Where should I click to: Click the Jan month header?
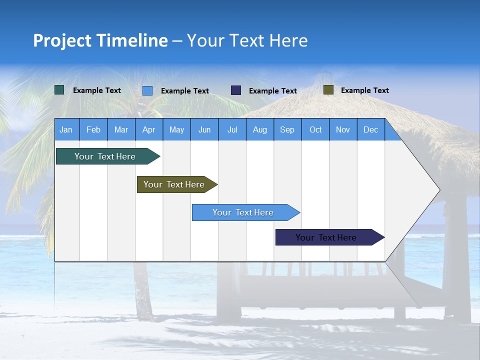[x=66, y=129]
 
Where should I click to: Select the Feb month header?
[x=93, y=129]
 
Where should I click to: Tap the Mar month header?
[x=121, y=129]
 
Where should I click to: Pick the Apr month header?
[x=149, y=129]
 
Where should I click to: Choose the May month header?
[x=176, y=129]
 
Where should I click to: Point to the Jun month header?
[x=204, y=129]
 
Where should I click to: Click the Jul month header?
[x=232, y=129]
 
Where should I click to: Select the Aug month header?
[x=260, y=129]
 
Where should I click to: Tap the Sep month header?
[x=287, y=129]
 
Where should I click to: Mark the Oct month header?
[x=315, y=129]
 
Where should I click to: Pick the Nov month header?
[x=343, y=129]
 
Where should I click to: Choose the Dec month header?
[x=371, y=129]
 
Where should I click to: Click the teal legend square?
[x=59, y=90]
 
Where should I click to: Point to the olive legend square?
[x=328, y=90]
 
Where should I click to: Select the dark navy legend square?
[x=236, y=90]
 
